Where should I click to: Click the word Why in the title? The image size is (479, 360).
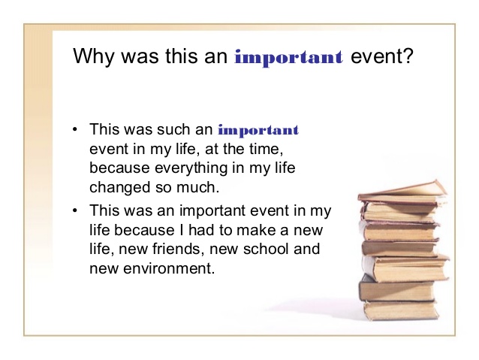point(94,56)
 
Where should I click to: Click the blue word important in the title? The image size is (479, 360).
point(289,58)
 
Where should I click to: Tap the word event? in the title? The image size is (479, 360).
point(382,56)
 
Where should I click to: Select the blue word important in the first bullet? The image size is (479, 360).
point(258,131)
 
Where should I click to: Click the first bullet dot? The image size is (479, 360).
point(75,129)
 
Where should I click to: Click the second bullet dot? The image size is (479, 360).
point(75,210)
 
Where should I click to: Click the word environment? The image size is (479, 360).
point(169,268)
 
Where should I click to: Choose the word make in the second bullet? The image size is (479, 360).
point(256,230)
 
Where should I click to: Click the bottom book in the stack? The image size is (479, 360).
point(401,310)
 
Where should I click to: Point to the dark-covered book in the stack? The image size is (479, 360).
point(396,290)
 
